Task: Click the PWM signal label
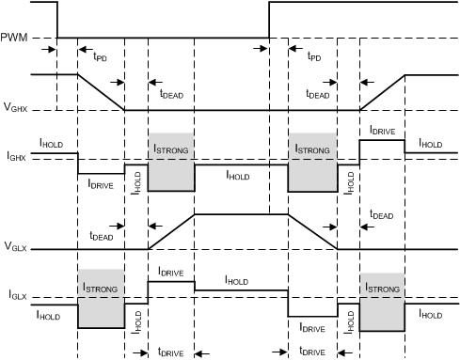(16, 39)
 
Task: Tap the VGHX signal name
(16, 111)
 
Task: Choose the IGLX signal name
(15, 305)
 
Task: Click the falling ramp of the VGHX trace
(101, 92)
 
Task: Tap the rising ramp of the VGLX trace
(170, 232)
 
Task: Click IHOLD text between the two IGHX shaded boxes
(240, 174)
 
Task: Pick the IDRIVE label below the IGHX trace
(102, 184)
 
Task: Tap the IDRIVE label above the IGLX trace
(171, 271)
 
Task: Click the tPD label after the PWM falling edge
(100, 56)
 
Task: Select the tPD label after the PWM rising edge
(313, 56)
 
